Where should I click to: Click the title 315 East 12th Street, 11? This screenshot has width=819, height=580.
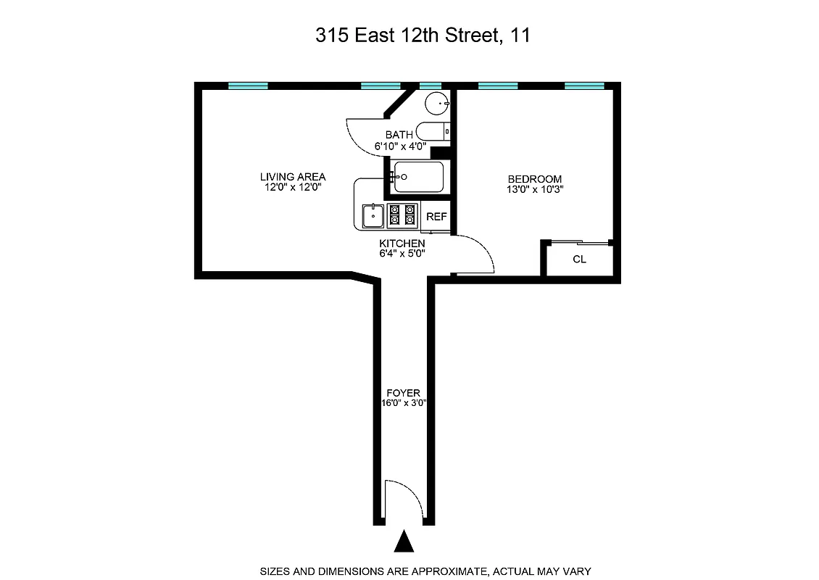tap(423, 36)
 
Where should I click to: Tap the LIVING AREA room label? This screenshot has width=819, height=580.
tap(293, 177)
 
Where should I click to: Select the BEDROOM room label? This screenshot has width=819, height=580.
tap(535, 179)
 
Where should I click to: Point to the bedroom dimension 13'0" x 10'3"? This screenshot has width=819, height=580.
tap(535, 190)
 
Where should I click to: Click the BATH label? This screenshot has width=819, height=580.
tap(399, 135)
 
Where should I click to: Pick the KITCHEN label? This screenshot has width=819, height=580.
tap(402, 243)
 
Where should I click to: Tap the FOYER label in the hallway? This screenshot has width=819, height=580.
tap(403, 393)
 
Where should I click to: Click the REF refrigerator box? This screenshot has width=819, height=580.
tap(436, 217)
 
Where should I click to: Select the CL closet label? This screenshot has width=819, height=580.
tap(579, 260)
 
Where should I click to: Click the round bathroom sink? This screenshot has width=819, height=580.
tap(436, 104)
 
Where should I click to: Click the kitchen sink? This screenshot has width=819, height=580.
tap(373, 215)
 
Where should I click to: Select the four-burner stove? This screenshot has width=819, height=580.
tap(404, 215)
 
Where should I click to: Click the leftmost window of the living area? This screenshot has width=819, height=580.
tap(248, 86)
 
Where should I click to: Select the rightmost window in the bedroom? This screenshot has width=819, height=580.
tap(584, 86)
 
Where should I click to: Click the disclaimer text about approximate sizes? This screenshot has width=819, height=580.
tap(425, 571)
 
